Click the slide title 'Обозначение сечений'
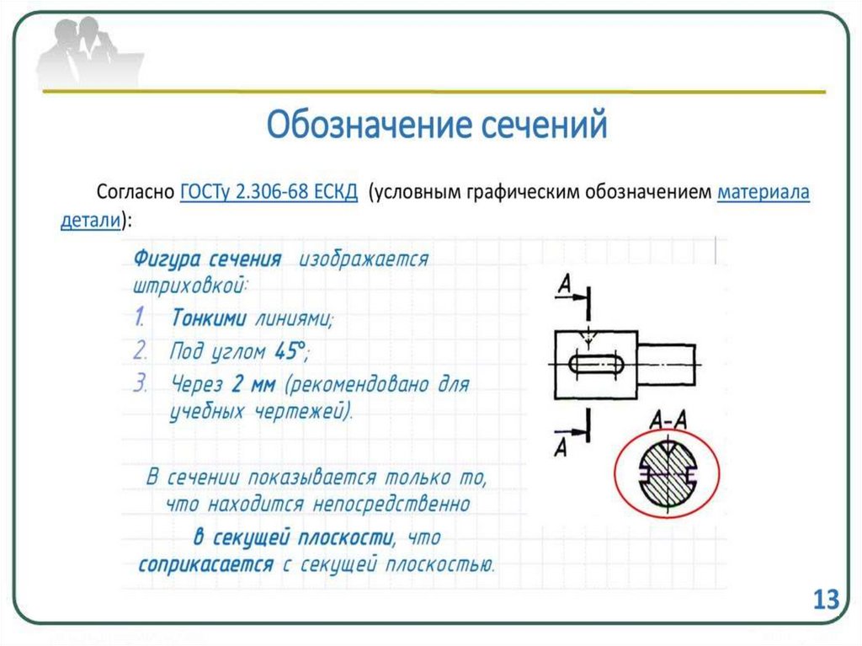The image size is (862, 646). [437, 126]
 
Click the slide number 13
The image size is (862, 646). [826, 600]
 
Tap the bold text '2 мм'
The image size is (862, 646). [250, 384]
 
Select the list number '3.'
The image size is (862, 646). [141, 383]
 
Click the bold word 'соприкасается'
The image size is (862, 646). [206, 563]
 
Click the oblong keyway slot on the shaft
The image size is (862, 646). [596, 364]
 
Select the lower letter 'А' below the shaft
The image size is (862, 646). [561, 446]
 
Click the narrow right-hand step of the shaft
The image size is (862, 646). [666, 364]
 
